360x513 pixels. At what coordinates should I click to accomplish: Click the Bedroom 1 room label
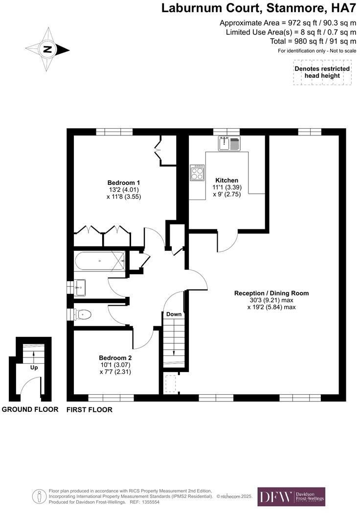121,182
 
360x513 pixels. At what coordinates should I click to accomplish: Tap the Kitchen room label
225,180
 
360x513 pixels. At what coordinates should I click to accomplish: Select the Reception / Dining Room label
271,293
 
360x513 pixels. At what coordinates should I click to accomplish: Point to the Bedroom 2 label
115,357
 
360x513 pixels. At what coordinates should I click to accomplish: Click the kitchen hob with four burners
197,173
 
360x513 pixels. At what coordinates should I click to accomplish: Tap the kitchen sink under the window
229,143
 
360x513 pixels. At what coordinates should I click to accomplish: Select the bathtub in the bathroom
99,261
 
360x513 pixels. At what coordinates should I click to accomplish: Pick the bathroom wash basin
80,288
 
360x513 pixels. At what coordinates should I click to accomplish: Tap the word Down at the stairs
174,314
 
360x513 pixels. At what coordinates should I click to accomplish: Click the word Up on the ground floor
34,367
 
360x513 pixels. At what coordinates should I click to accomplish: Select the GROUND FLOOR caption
30,410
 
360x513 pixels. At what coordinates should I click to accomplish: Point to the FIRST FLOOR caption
89,410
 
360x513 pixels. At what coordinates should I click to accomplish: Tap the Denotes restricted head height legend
322,72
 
